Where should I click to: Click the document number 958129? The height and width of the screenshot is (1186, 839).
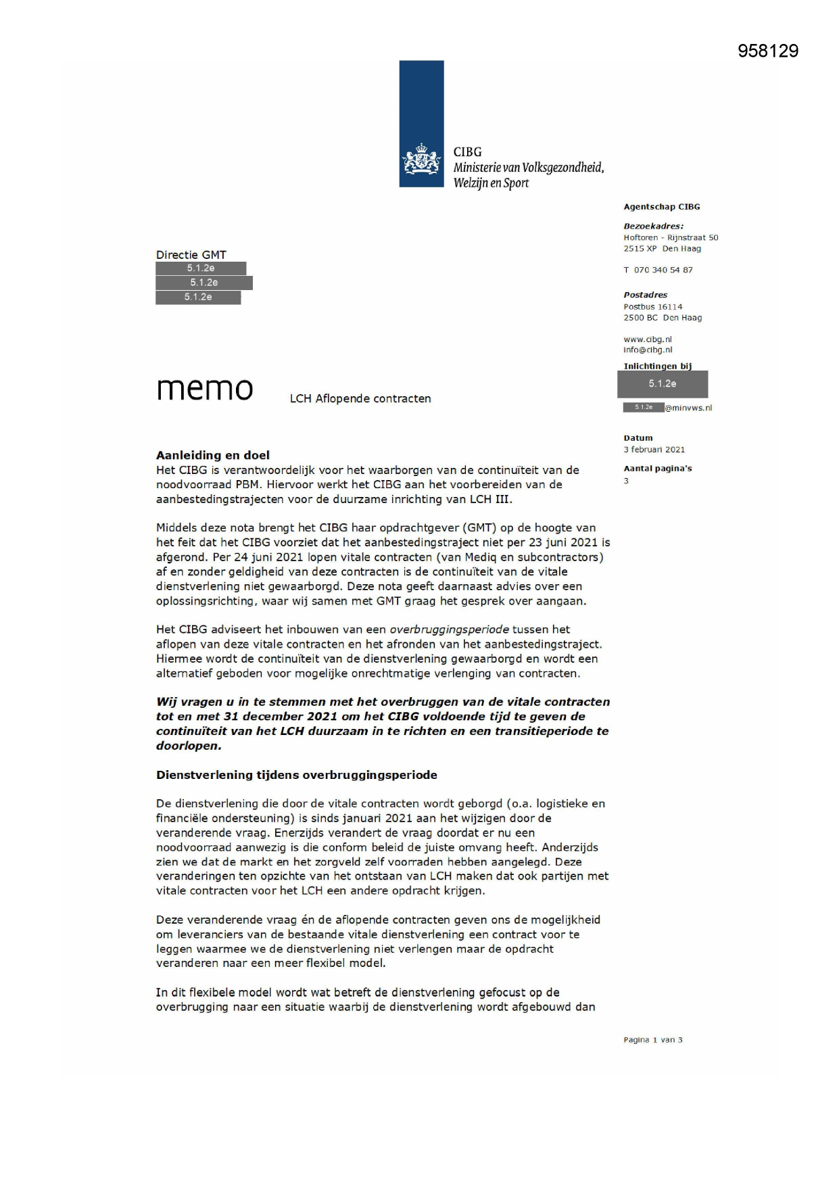point(767,51)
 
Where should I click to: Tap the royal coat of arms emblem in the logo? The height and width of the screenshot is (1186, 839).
point(422,160)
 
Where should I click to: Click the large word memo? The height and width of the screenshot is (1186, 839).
point(205,389)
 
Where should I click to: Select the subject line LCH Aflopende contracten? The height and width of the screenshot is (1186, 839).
point(360,399)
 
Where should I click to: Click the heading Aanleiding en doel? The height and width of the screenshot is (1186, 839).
point(213,455)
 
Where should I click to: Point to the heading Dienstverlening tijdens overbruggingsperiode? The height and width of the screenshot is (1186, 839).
point(297,775)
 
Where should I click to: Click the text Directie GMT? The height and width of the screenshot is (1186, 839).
point(191,255)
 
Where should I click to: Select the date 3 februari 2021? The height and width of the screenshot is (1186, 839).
point(654,450)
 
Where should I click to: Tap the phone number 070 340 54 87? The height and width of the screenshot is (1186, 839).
point(663,270)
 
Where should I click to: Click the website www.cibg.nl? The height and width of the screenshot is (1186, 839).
point(648,339)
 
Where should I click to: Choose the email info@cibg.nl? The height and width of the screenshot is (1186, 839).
point(648,350)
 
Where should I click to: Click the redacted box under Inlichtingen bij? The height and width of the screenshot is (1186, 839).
point(662,384)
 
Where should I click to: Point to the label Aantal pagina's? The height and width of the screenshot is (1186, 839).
point(657,469)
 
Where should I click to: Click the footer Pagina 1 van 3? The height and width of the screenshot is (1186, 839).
point(652,1040)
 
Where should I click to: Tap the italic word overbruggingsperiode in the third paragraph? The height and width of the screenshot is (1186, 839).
point(449,630)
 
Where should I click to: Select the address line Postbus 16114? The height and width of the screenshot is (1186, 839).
point(652,307)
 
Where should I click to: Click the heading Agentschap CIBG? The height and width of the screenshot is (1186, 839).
point(661,207)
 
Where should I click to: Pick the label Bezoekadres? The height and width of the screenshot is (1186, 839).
point(653,227)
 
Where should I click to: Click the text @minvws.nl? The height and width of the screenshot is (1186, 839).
point(688,408)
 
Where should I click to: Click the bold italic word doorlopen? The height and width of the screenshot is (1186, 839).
point(189,746)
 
